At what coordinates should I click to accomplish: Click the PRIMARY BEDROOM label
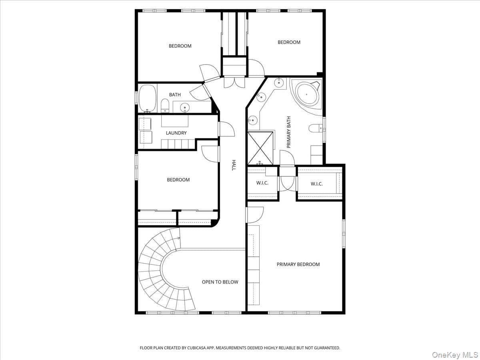[298, 264]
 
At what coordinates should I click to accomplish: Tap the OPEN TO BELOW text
[220, 282]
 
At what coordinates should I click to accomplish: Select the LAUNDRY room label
[176, 133]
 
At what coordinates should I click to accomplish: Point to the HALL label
[234, 165]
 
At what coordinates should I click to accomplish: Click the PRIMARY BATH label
[289, 132]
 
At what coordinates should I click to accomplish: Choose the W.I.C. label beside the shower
[262, 183]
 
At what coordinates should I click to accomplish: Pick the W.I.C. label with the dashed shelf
[316, 184]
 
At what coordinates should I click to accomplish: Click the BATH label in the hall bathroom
[175, 95]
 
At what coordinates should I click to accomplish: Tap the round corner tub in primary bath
[306, 94]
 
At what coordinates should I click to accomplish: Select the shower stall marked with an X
[260, 148]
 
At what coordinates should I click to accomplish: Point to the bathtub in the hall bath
[148, 98]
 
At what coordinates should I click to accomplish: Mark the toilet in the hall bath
[165, 106]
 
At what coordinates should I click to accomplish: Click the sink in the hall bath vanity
[185, 107]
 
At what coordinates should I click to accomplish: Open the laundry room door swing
[227, 129]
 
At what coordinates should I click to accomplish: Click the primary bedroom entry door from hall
[255, 215]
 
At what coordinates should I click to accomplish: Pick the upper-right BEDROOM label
[289, 42]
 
